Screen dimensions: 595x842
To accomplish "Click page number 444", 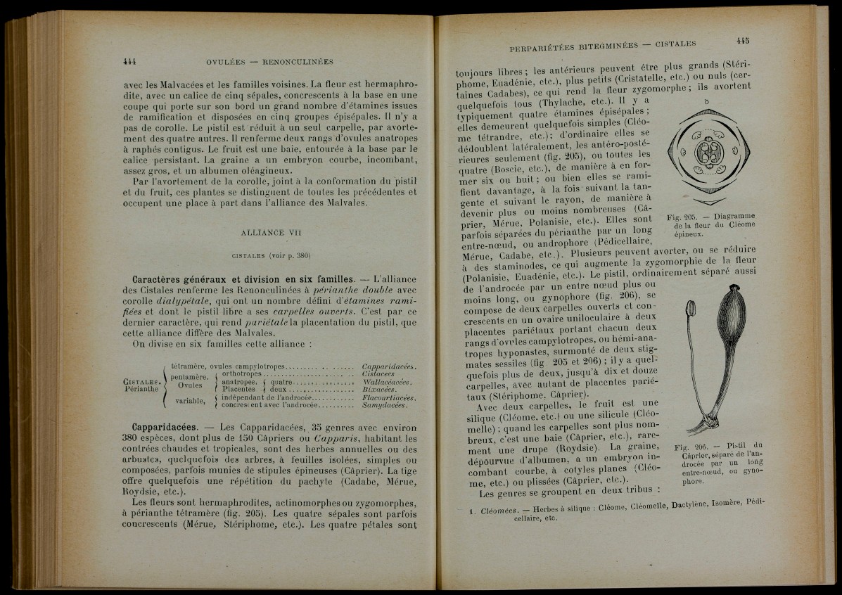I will (x=128, y=61).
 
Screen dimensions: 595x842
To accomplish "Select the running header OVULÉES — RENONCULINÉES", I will (x=264, y=61).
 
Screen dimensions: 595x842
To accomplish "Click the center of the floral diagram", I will (x=706, y=153).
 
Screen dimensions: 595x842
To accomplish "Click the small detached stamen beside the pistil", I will (x=689, y=308).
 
